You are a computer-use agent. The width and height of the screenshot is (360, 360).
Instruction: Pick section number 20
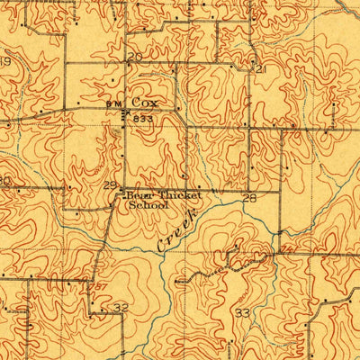click(134, 58)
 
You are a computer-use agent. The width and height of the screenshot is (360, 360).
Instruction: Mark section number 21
click(261, 69)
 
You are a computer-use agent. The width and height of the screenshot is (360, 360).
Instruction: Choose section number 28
click(249, 197)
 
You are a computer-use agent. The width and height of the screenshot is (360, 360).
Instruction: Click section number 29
click(109, 185)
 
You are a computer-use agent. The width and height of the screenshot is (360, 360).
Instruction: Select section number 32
click(120, 307)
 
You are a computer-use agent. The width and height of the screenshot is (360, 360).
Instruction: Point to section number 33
click(242, 312)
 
